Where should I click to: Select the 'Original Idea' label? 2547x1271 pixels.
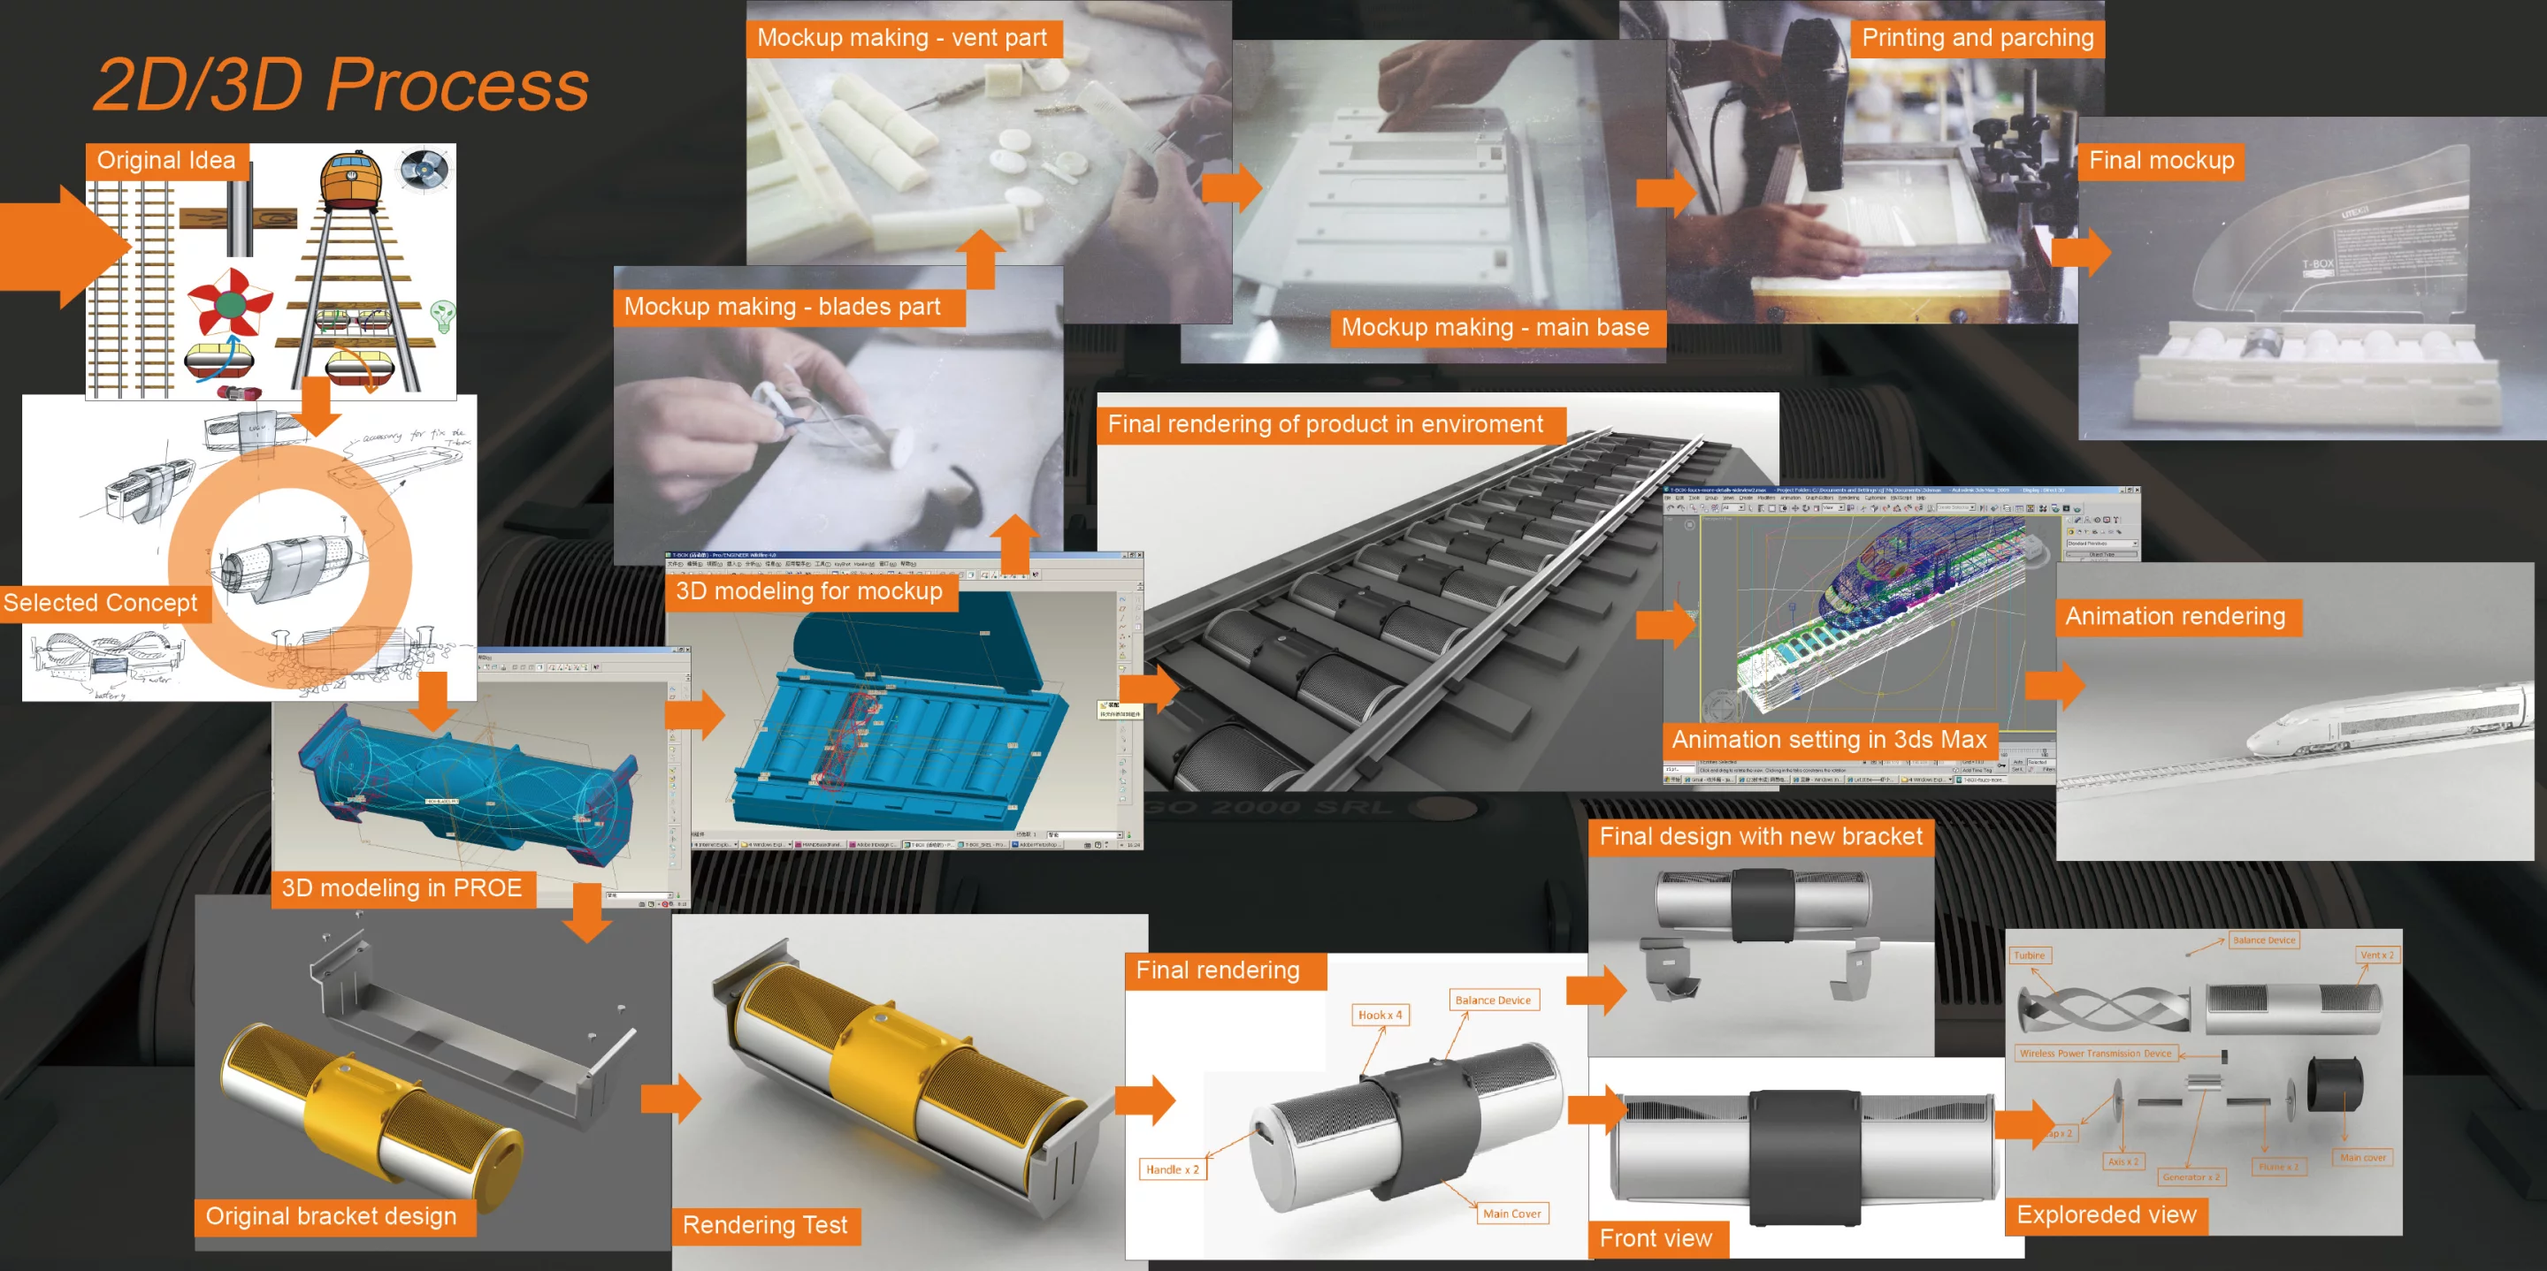pyautogui.click(x=166, y=160)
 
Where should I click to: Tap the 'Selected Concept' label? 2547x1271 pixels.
pyautogui.click(x=100, y=603)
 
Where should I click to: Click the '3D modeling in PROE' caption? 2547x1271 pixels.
pyautogui.click(x=402, y=887)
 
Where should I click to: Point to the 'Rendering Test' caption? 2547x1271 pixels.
pyautogui.click(x=764, y=1226)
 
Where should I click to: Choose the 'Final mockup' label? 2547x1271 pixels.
pyautogui.click(x=2161, y=160)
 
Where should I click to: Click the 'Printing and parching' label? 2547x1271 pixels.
pyautogui.click(x=1977, y=37)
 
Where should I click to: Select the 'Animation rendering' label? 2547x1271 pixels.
pyautogui.click(x=2176, y=617)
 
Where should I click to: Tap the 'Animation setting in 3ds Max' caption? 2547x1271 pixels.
pyautogui.click(x=1829, y=739)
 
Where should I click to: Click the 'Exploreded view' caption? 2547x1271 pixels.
pyautogui.click(x=2106, y=1214)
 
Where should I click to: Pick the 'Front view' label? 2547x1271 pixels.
pyautogui.click(x=1656, y=1238)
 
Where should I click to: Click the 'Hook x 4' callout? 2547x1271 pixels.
pyautogui.click(x=1380, y=1015)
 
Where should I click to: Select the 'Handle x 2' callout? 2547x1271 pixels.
pyautogui.click(x=1172, y=1170)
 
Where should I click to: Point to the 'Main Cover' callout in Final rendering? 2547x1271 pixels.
pyautogui.click(x=1511, y=1214)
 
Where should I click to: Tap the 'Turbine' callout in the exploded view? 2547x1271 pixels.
pyautogui.click(x=2029, y=955)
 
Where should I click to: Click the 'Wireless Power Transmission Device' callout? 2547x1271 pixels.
pyautogui.click(x=2095, y=1054)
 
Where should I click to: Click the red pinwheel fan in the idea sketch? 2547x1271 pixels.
pyautogui.click(x=229, y=301)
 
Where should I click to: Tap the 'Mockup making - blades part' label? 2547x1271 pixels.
pyautogui.click(x=782, y=307)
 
